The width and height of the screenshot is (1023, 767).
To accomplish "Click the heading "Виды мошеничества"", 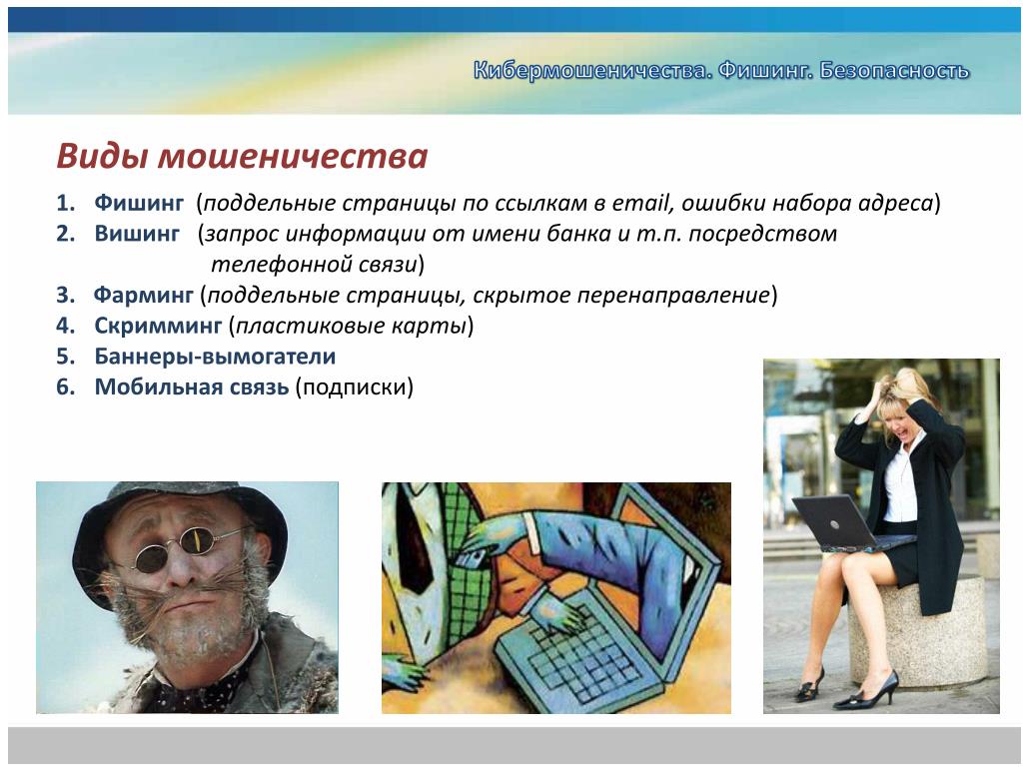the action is (242, 157).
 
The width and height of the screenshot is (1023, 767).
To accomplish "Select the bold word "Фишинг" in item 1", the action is (139, 203).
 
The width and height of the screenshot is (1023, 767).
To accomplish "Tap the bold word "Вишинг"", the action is (137, 233).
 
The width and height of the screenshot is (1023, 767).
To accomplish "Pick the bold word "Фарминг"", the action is (144, 295).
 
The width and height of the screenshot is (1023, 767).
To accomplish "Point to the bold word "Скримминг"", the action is (158, 325).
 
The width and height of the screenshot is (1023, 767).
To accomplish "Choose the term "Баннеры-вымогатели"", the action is (216, 357).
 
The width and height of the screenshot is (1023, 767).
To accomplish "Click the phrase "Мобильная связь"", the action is (192, 386).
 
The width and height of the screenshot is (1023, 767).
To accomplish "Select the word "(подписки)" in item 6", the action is (355, 387).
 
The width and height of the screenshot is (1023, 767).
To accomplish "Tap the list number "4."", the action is (66, 325).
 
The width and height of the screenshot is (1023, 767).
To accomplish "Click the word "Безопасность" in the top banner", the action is (894, 70).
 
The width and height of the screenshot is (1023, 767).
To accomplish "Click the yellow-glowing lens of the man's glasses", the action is (195, 540).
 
